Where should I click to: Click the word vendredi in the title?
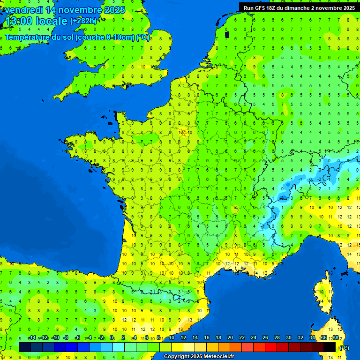(22, 10)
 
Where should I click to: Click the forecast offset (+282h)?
(83, 21)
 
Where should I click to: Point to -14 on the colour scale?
(32, 338)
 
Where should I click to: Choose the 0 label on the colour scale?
(112, 338)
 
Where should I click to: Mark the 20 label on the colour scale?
(230, 338)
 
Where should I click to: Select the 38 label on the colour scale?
(335, 338)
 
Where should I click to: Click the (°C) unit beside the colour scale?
(345, 347)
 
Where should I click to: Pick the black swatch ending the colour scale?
(330, 347)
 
